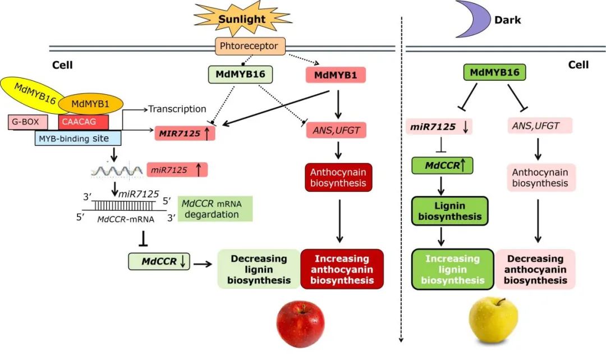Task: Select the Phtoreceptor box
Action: pos(251,46)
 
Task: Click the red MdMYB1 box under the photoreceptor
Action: pos(336,75)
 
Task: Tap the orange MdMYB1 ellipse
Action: pos(91,104)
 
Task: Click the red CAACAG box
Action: pos(84,121)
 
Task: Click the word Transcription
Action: pos(177,109)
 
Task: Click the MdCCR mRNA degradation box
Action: pos(214,208)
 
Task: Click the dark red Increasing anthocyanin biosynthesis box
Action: pos(342,269)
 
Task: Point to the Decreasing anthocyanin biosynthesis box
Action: pos(535,269)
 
